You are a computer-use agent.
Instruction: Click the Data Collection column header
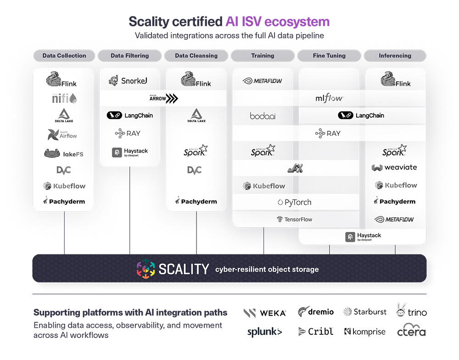click(x=64, y=56)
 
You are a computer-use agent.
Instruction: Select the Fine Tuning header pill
click(x=329, y=56)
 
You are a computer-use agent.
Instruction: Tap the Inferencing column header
click(x=395, y=56)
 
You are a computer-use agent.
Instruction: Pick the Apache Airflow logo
click(x=63, y=134)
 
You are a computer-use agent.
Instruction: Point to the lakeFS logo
click(x=64, y=154)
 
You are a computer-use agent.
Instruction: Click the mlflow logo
click(x=329, y=98)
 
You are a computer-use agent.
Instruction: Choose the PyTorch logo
click(x=295, y=202)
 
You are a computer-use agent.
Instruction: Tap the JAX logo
click(x=295, y=169)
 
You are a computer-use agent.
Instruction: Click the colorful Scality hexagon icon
click(x=146, y=269)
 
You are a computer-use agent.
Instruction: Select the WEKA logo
click(x=265, y=313)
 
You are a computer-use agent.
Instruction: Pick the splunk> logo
click(x=265, y=332)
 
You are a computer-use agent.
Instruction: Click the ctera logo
click(x=411, y=331)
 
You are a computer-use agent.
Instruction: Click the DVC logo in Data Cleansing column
click(x=195, y=170)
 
